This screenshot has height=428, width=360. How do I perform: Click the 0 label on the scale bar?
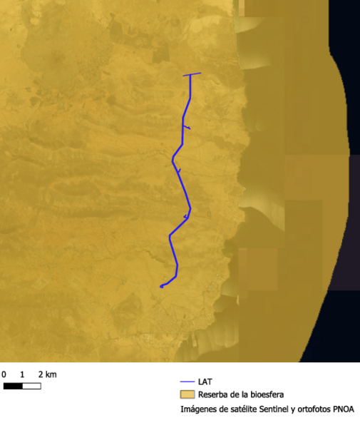[4, 374]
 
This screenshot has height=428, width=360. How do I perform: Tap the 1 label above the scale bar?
[22, 374]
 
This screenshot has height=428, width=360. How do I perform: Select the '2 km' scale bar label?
[47, 374]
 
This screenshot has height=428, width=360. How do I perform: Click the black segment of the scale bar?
[13, 386]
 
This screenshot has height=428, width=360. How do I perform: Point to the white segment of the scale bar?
[31, 386]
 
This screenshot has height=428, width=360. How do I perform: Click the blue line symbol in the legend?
[187, 382]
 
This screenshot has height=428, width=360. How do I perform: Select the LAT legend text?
[205, 382]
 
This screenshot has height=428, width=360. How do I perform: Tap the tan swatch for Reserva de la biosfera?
[187, 394]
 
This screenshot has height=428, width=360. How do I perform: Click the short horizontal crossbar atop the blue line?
[192, 74]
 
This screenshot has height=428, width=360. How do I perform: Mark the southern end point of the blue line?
[161, 287]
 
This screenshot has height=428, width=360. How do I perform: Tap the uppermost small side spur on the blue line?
[187, 127]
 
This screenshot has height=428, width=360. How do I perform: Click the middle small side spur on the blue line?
[179, 170]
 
